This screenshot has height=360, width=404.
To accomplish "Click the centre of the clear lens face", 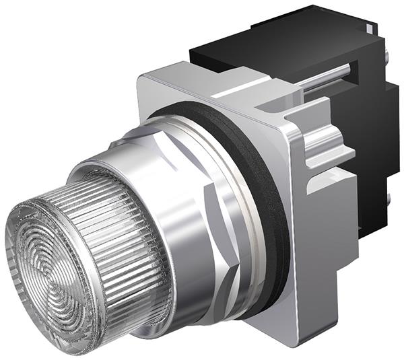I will [x=50, y=259].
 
